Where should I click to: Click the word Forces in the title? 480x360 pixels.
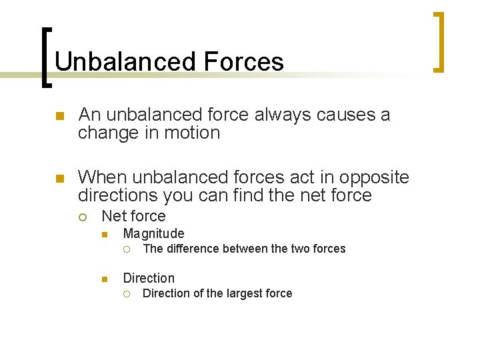(244, 62)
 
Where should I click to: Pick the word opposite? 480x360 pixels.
(374, 177)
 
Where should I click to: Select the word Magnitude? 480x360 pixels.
(153, 233)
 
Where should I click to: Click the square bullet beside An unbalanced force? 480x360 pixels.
(59, 116)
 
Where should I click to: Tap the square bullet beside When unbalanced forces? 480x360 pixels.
(59, 178)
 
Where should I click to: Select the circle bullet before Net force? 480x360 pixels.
(83, 217)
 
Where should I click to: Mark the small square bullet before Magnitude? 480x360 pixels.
(105, 234)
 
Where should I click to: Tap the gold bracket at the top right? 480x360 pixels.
(439, 41)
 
